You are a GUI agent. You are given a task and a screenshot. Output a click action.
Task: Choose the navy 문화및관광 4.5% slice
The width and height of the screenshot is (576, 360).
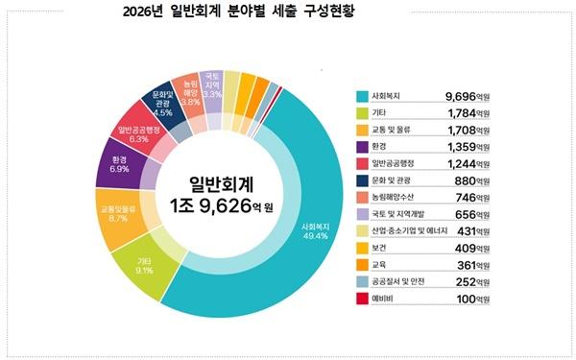coord(159,106)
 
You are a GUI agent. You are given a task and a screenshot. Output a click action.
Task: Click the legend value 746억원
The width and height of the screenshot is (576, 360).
coord(472,198)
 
